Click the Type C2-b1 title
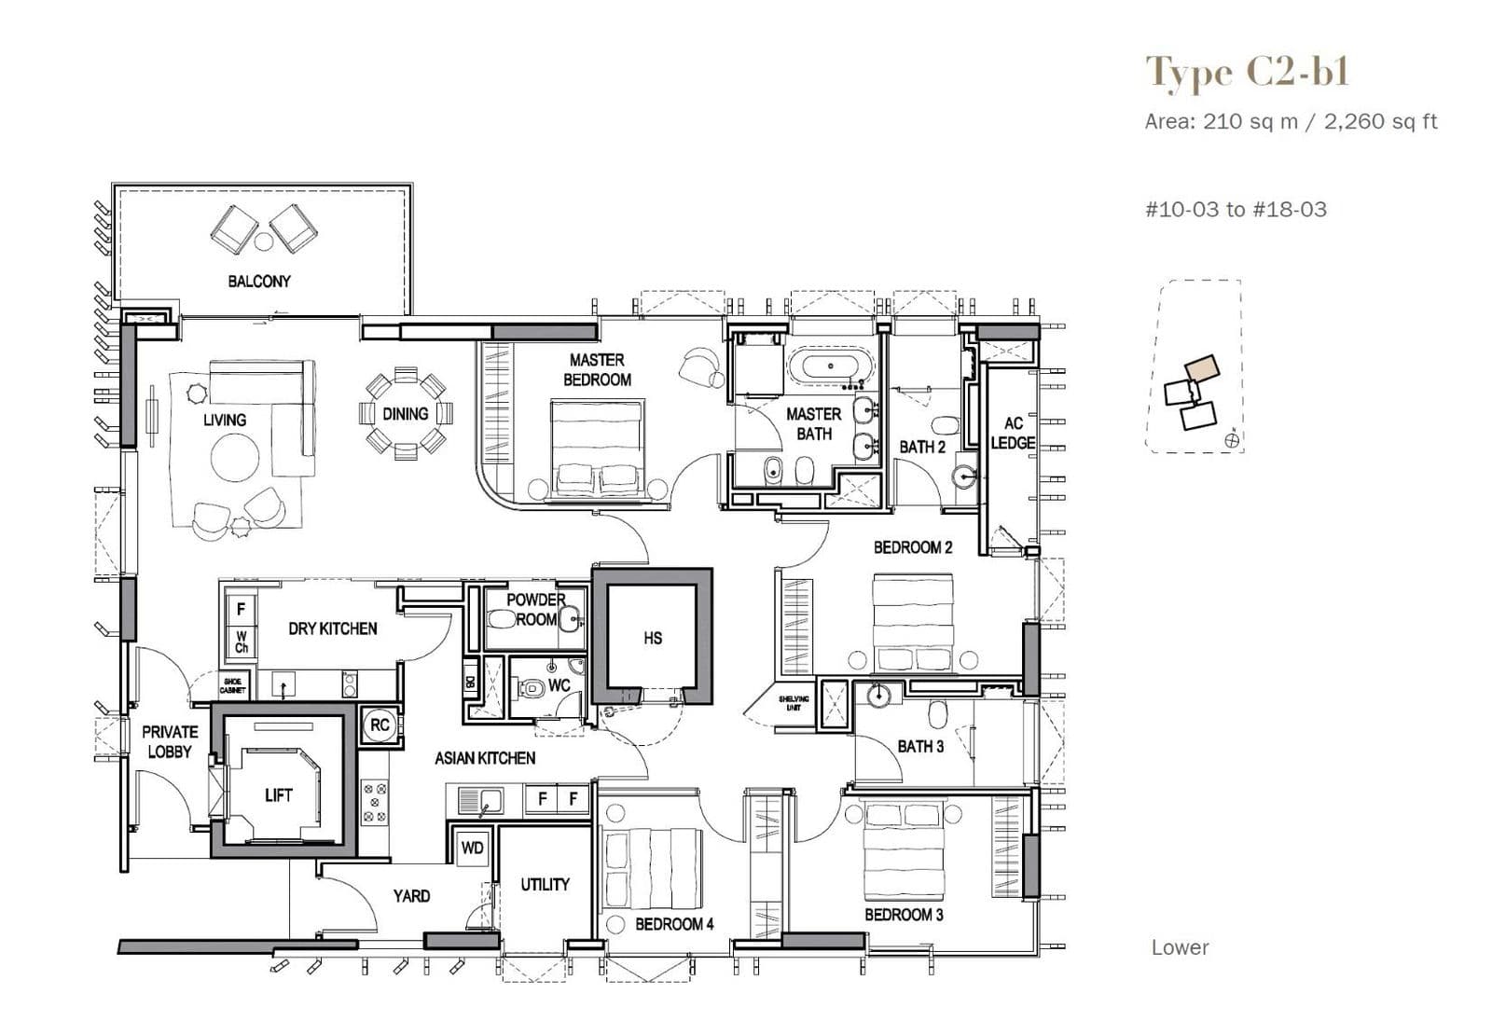click(1247, 73)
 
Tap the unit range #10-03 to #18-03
click(1236, 209)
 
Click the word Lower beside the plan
click(1180, 947)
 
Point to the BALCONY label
click(259, 281)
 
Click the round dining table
click(406, 414)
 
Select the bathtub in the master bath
click(831, 366)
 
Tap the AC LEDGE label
click(1013, 433)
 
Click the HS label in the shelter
click(653, 638)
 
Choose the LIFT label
click(278, 795)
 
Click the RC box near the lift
click(380, 724)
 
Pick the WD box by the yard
click(473, 848)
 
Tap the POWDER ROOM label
click(535, 609)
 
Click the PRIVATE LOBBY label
click(170, 741)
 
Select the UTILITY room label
click(545, 884)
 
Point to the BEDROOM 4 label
click(674, 924)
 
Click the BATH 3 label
click(920, 746)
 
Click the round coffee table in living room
click(235, 458)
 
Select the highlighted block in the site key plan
click(1203, 366)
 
